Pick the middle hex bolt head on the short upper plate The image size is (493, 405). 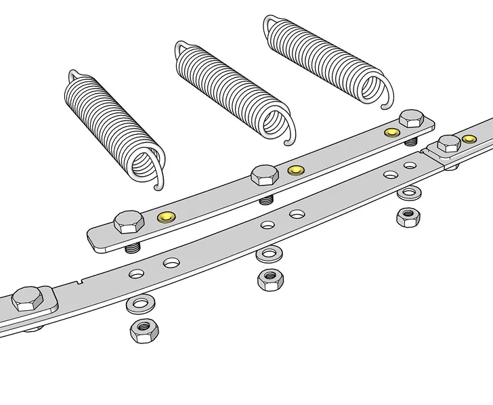[265, 175]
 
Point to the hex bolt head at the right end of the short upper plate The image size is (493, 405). [411, 119]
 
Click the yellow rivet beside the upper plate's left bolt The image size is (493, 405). [165, 217]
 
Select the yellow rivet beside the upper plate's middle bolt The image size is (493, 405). [295, 170]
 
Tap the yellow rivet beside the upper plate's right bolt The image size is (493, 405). [391, 131]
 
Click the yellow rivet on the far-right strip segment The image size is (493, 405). [469, 139]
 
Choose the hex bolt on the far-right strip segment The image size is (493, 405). [448, 144]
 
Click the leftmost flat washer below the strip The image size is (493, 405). [140, 303]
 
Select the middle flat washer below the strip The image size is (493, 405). [269, 254]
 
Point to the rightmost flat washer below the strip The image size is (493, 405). [408, 194]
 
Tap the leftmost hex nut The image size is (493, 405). [144, 331]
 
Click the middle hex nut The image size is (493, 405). [270, 279]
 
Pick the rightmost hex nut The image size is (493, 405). [408, 217]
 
